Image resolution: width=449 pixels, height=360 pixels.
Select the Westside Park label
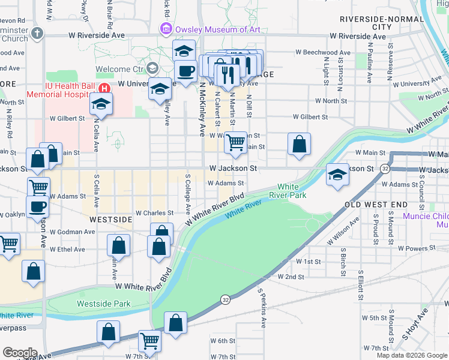tap(103, 304)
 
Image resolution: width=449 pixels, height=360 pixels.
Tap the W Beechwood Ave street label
tap(323, 53)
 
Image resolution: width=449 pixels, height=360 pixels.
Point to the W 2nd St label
tap(291, 277)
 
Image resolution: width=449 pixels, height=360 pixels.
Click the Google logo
tap(20, 352)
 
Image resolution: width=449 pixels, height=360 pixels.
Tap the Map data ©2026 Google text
tap(411, 355)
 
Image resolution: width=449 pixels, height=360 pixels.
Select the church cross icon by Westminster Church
tap(37, 33)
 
